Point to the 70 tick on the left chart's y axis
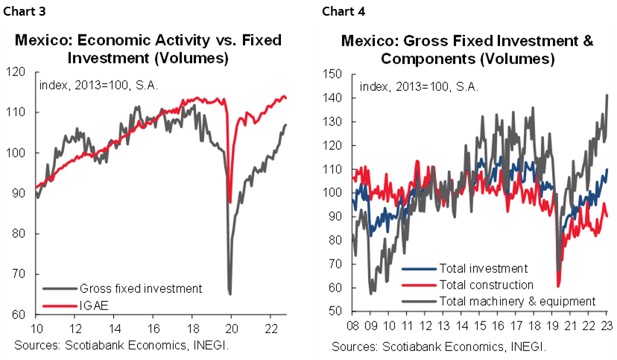(x=22, y=274)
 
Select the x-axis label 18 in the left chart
(x=192, y=329)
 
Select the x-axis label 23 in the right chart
(x=607, y=326)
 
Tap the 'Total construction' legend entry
(x=487, y=285)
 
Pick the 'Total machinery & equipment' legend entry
(x=517, y=301)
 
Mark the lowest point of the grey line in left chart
(x=230, y=294)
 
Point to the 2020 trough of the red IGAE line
(x=230, y=202)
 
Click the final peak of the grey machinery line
(x=607, y=95)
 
